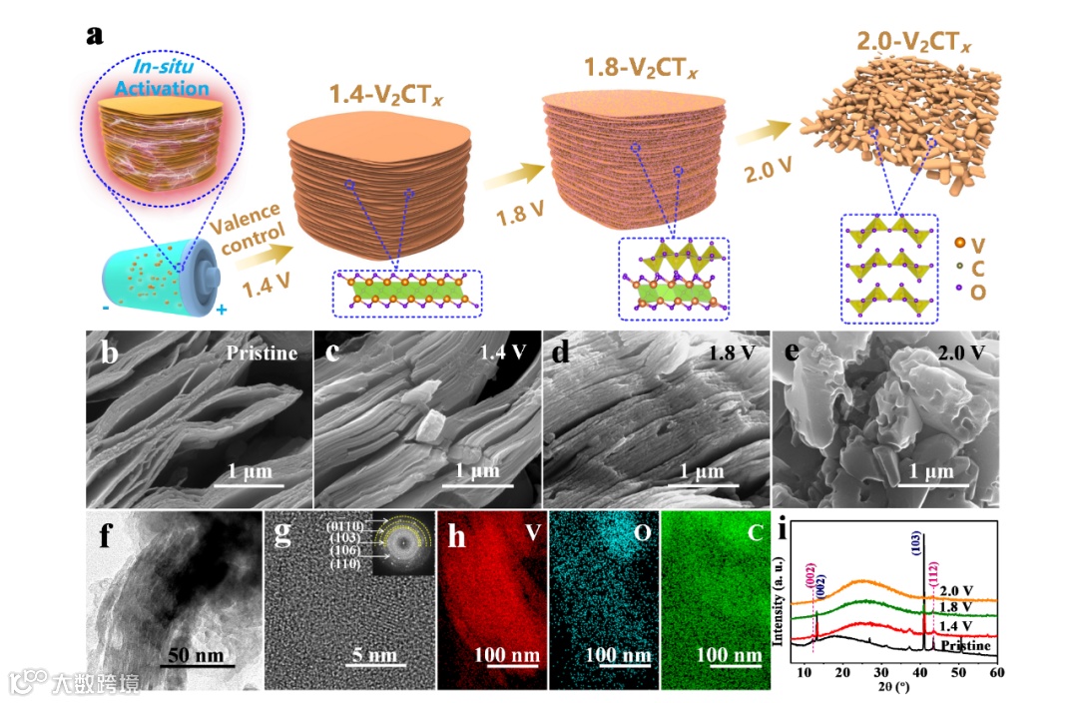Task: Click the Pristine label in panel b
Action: [261, 353]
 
